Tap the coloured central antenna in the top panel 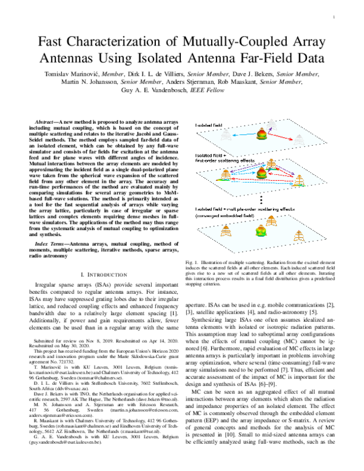tap(263, 135)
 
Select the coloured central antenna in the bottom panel tap(263, 229)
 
